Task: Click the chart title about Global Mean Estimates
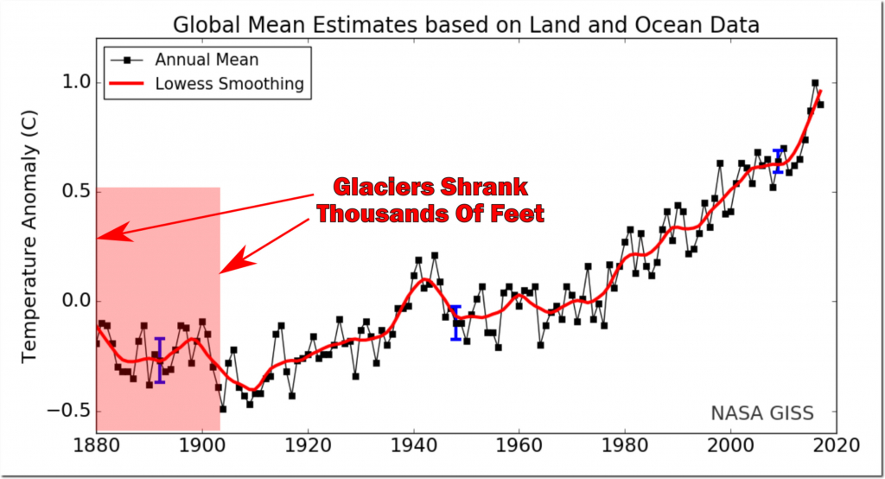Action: (467, 24)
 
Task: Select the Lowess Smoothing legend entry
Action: (228, 84)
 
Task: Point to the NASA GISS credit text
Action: (761, 413)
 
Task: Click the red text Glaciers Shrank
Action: (430, 188)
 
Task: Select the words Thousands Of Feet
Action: (430, 213)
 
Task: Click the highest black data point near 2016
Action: (815, 83)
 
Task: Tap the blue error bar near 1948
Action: (455, 323)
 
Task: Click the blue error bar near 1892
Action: (160, 360)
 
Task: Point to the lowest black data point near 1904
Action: (222, 408)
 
